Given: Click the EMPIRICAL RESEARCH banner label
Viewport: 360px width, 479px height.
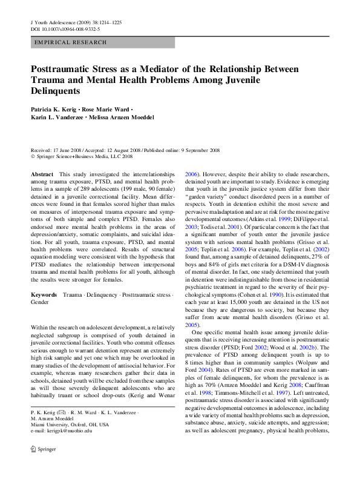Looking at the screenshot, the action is (71, 42).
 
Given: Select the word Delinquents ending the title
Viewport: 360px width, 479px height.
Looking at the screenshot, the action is (55, 91).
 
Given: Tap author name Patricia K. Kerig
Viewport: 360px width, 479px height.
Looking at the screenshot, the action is (53, 110).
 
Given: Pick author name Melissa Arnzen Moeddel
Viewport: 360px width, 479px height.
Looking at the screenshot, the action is (122, 117).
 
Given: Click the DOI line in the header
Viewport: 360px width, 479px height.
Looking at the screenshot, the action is (65, 29).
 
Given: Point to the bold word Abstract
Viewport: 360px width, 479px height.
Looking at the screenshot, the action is (42, 174).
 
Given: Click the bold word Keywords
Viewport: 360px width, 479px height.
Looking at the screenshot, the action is (44, 295).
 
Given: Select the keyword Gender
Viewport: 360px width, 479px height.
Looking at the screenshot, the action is (39, 302).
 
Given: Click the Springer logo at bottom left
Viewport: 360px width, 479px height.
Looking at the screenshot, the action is (44, 449).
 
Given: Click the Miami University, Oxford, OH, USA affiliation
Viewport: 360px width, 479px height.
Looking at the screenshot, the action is (70, 424).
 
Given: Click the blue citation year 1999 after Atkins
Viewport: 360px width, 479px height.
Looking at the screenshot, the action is (284, 219).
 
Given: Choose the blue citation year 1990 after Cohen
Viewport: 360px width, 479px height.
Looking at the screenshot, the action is (275, 295).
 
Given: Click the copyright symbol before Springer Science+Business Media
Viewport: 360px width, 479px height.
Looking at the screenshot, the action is (33, 157).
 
